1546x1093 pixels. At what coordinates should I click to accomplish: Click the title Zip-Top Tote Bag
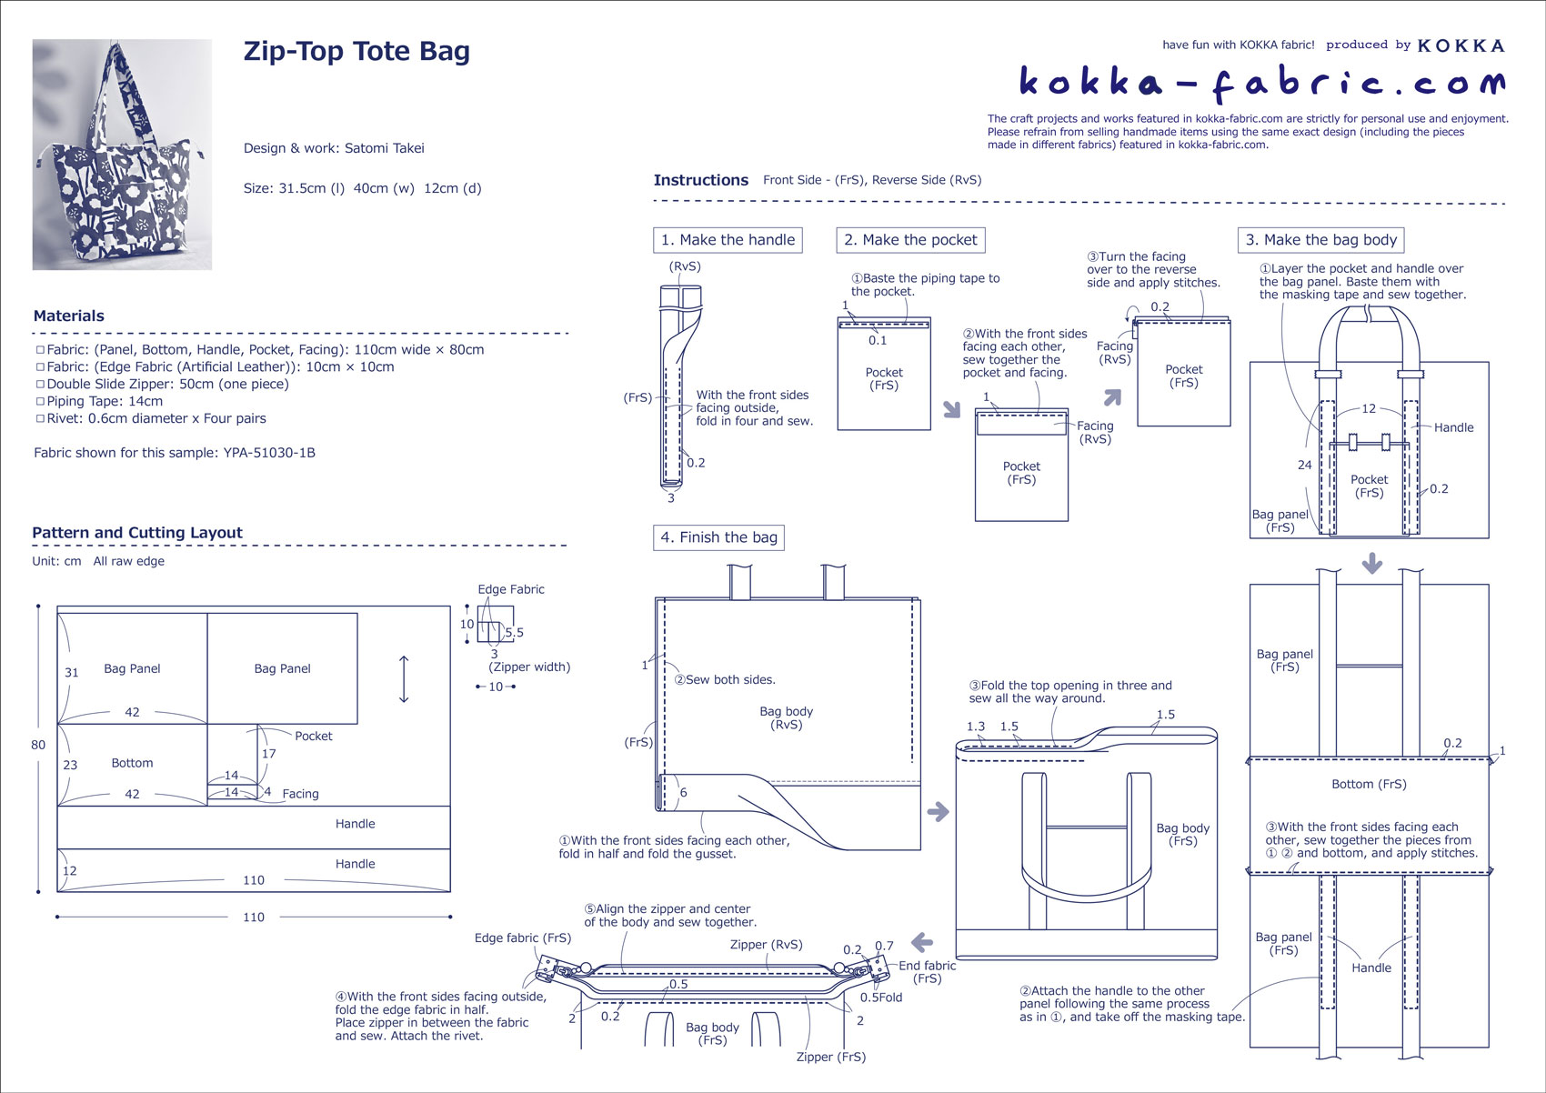(356, 52)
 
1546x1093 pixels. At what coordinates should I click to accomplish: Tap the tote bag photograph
(122, 155)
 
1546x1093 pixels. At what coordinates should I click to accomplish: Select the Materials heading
(69, 316)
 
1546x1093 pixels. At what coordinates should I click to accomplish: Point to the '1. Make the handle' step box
(728, 240)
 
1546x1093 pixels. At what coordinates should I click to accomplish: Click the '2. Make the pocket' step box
(910, 240)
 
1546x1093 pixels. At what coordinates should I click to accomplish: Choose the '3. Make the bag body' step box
(1320, 240)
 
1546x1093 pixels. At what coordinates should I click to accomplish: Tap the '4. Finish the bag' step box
(718, 537)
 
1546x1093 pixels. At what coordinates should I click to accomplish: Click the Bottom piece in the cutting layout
(133, 764)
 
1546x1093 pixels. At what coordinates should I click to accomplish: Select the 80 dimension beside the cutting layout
(38, 745)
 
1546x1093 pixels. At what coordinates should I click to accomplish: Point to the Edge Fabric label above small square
(511, 589)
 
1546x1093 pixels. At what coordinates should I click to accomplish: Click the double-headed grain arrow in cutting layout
(404, 679)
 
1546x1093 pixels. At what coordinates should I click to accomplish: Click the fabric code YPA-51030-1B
(269, 453)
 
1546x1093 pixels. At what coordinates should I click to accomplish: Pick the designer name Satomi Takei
(384, 148)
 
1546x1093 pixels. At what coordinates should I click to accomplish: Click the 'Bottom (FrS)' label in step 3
(1369, 784)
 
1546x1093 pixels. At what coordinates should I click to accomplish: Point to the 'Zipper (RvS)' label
(766, 945)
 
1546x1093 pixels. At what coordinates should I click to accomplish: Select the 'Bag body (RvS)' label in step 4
(786, 718)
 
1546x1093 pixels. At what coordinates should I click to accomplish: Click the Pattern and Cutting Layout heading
(137, 533)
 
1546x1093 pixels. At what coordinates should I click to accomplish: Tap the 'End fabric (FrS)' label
(927, 972)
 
